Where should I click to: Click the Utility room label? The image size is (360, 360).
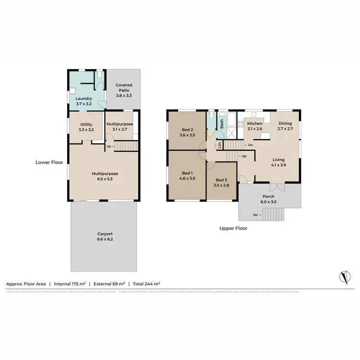(86, 124)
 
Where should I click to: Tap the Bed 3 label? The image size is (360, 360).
(221, 180)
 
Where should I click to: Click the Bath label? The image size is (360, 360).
(222, 123)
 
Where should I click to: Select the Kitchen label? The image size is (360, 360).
(254, 123)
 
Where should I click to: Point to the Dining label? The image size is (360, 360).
(286, 123)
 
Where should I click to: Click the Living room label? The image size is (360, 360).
(278, 160)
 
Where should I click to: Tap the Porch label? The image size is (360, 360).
(268, 196)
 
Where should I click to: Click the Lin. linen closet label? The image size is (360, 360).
(219, 144)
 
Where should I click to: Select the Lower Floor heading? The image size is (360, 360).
(49, 162)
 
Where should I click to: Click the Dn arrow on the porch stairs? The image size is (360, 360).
(257, 215)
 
